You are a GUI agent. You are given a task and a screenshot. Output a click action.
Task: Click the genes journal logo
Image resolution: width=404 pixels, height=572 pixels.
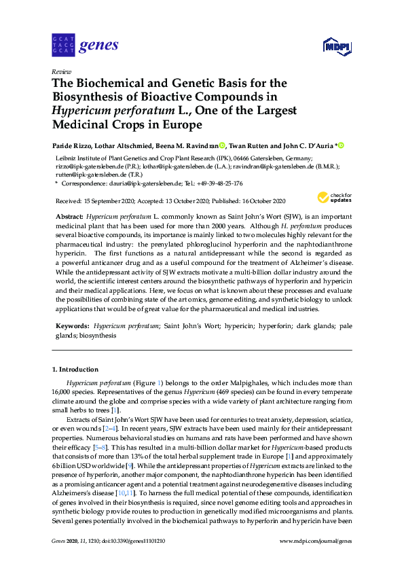pos(86,46)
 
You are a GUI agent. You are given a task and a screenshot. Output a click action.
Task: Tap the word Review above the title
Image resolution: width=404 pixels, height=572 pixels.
pos(62,71)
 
